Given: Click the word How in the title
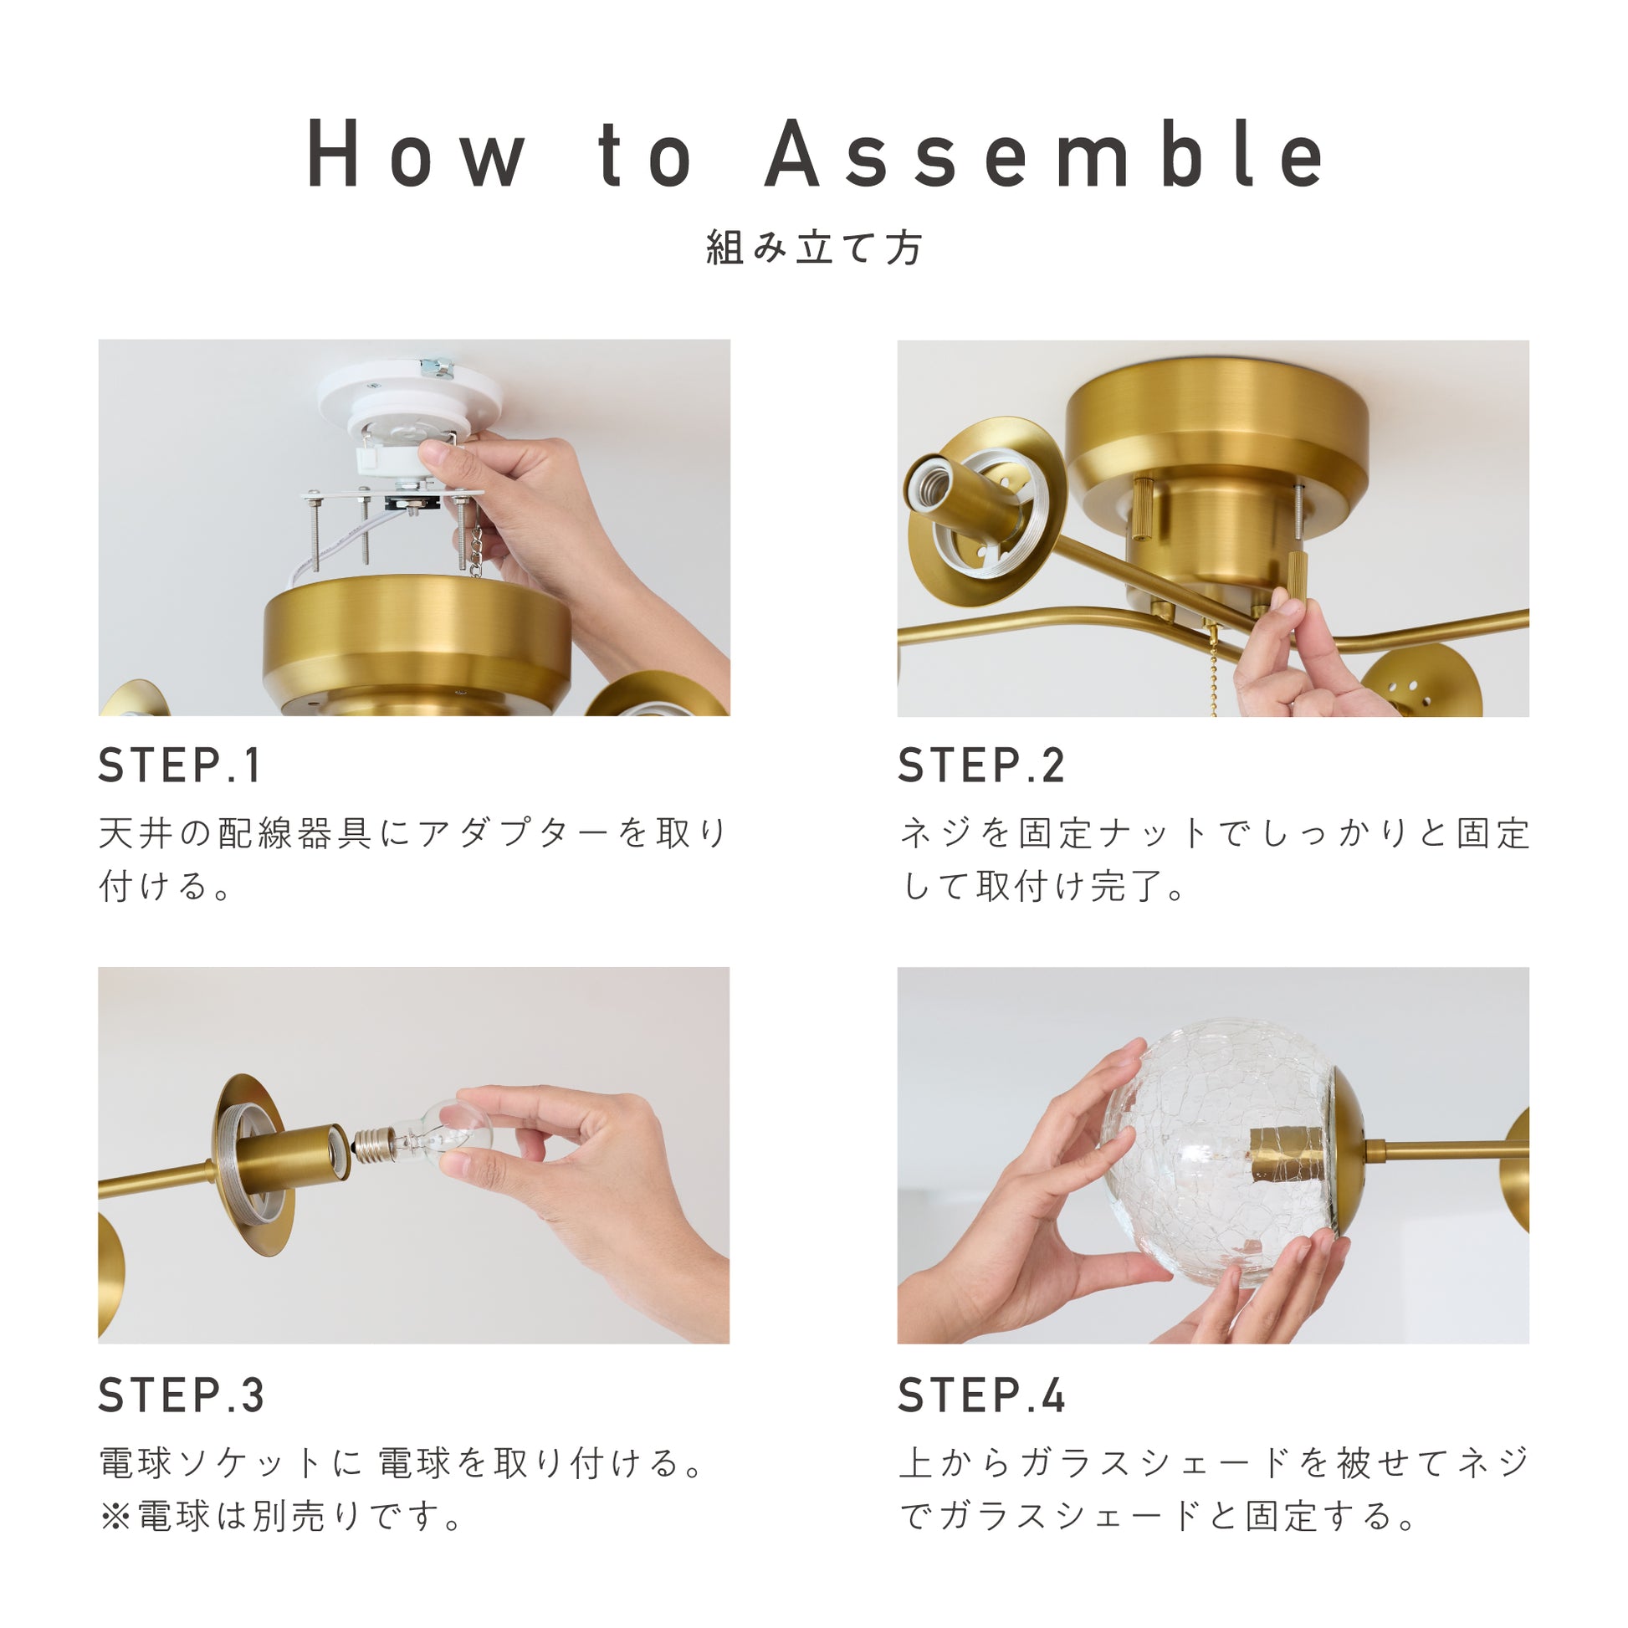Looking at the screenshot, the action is click(x=416, y=153).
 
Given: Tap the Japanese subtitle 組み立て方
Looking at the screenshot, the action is click(x=814, y=248).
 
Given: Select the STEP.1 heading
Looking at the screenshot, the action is click(x=180, y=766).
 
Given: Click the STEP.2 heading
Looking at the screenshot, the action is click(x=981, y=766).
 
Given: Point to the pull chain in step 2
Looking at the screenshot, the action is click(x=1212, y=669).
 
